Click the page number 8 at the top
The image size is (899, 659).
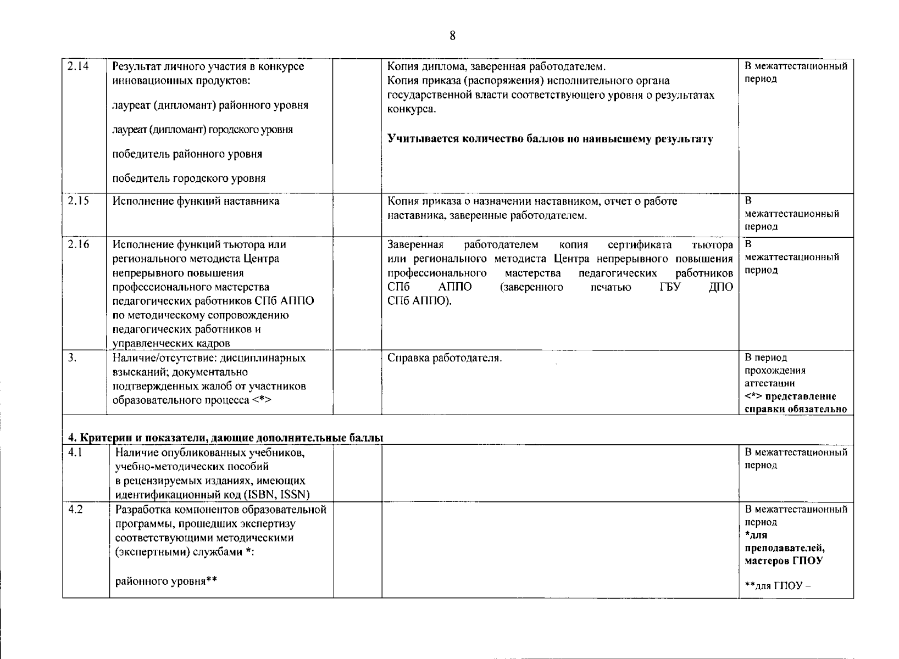(x=452, y=36)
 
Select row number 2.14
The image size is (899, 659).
(x=77, y=67)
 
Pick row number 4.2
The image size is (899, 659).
(x=75, y=509)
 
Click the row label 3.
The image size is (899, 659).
(x=72, y=358)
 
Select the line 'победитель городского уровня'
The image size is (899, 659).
(x=189, y=178)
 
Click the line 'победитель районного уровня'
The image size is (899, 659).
(x=187, y=154)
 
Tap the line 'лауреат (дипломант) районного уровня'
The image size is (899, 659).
(x=210, y=105)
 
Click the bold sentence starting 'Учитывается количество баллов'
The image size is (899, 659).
(x=550, y=139)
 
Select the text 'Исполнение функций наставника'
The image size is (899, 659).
(x=196, y=201)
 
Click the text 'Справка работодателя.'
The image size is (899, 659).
(x=445, y=358)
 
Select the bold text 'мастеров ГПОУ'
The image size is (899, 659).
(x=784, y=561)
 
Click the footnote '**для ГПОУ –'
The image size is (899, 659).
(x=778, y=585)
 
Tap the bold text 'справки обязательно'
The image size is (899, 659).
(x=796, y=409)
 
